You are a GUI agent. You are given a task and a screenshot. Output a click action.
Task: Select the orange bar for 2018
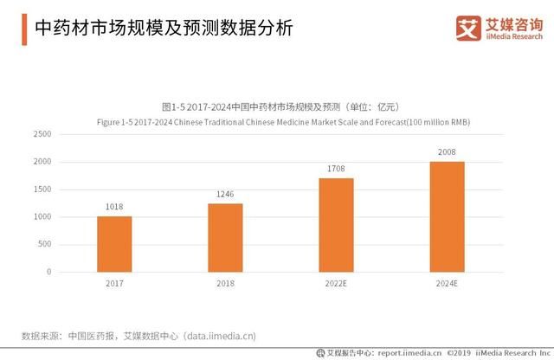225,237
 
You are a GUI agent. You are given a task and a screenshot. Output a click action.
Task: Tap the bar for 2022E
336,224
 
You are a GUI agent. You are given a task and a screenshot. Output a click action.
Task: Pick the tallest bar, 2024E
447,216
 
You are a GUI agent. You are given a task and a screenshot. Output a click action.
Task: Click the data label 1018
113,208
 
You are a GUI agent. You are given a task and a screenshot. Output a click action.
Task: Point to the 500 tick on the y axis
44,244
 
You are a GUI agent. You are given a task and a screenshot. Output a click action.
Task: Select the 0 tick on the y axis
49,272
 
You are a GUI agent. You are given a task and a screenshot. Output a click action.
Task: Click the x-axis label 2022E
336,283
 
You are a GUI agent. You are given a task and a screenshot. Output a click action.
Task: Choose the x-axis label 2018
225,283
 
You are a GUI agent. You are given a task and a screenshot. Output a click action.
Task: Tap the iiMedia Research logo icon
467,28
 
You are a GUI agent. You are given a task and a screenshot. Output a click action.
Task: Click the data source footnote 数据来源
138,335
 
